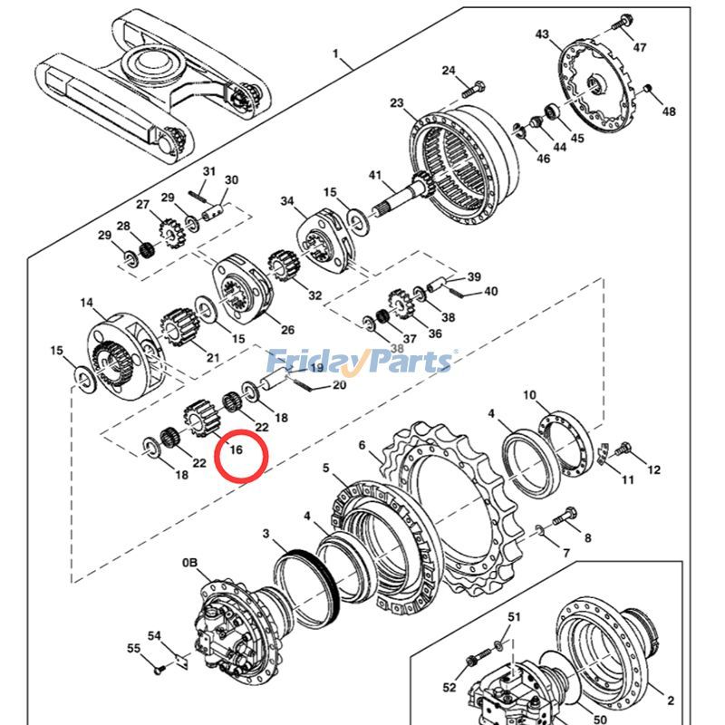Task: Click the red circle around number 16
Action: (x=241, y=456)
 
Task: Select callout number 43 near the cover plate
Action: (x=542, y=34)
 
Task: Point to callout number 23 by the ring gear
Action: (x=397, y=104)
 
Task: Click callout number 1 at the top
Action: (x=336, y=53)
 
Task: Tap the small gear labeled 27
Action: (x=169, y=231)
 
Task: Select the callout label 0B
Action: (x=189, y=564)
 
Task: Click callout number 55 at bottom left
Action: (x=133, y=649)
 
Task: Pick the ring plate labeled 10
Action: (x=564, y=441)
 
